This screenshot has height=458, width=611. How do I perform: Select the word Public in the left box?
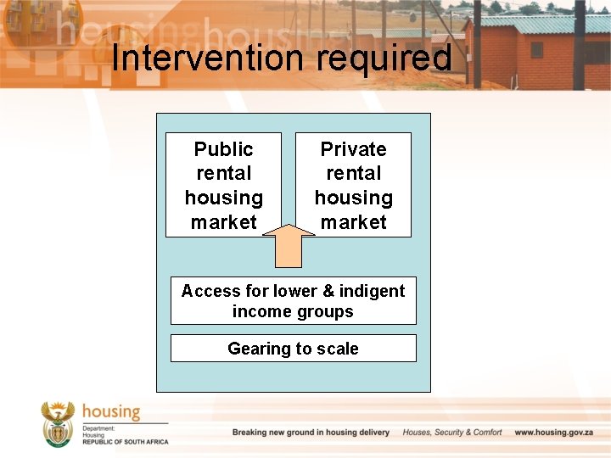[223, 149]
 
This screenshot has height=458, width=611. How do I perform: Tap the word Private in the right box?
[353, 149]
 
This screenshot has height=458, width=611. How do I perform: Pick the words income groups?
[293, 311]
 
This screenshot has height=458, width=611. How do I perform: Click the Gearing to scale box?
[293, 349]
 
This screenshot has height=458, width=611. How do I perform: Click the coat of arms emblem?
[58, 423]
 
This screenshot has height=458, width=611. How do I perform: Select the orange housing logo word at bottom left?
[110, 412]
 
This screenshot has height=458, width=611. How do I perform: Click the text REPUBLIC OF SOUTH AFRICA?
[126, 442]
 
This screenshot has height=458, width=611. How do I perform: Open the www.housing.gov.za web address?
[556, 433]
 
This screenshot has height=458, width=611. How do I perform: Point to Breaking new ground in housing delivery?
[311, 433]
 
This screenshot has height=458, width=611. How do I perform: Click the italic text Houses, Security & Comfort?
[452, 433]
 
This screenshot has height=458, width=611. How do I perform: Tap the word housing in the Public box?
[223, 198]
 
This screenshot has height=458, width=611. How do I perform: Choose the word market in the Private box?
[353, 222]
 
